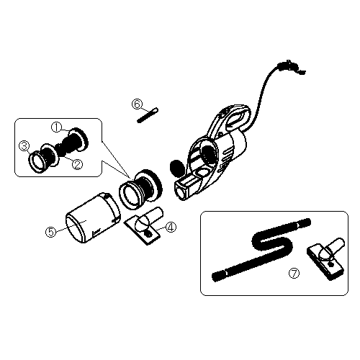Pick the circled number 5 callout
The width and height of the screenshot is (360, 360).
point(50,231)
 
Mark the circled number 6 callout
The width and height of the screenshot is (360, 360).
point(136,104)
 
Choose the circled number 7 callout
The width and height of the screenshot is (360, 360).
point(293,273)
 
